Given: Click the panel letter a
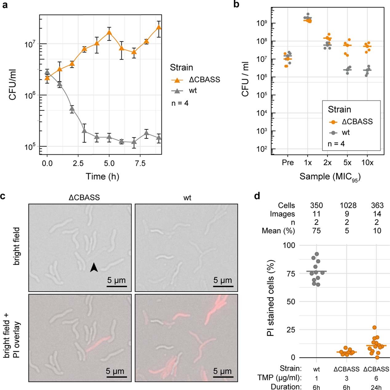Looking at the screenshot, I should tap(5, 5).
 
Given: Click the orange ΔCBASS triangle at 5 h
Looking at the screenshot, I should tap(109, 33).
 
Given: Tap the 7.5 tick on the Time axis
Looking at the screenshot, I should tap(140, 163).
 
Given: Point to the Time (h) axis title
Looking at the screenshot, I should tap(102, 176).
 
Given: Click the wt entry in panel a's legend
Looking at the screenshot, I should tap(193, 90).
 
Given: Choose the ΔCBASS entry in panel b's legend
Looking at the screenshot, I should tap(357, 122).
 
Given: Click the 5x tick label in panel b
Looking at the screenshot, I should tap(347, 162).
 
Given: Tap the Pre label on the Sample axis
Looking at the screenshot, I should tap(288, 162).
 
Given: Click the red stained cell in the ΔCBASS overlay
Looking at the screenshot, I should tap(97, 344).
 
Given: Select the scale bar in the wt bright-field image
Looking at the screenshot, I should tap(223, 286).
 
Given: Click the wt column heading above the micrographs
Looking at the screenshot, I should tap(187, 198).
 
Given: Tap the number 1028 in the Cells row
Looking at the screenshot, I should tap(348, 205).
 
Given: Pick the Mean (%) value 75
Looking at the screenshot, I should tap(316, 231).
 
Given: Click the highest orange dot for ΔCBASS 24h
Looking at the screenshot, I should tap(374, 328).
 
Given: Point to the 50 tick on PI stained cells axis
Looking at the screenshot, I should tap(291, 301).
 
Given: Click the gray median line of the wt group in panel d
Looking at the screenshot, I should tap(316, 272).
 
